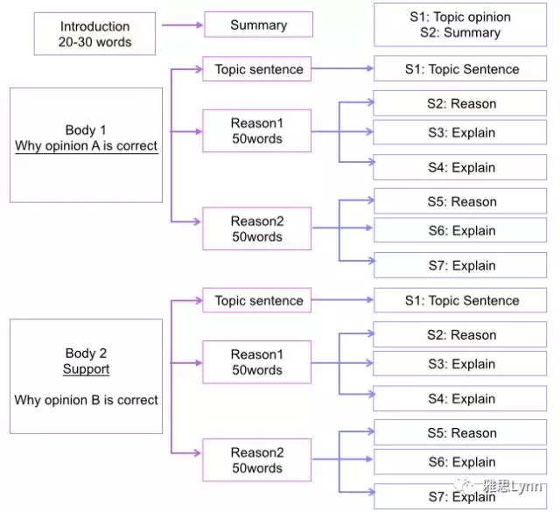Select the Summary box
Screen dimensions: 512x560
(x=258, y=25)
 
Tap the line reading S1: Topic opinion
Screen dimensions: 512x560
(x=460, y=17)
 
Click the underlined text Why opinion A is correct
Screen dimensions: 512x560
(x=87, y=145)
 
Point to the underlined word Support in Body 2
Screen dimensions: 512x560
(x=86, y=369)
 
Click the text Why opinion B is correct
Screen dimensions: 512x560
(x=86, y=400)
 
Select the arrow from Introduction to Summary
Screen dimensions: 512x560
(x=180, y=25)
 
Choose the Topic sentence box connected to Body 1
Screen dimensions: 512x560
(x=258, y=70)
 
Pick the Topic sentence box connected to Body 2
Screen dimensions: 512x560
(x=258, y=301)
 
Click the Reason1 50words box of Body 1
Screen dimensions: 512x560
(x=257, y=131)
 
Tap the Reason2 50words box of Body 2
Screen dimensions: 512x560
(x=257, y=460)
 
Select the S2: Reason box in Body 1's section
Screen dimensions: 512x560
(x=461, y=104)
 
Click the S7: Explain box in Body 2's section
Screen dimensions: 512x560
(x=461, y=496)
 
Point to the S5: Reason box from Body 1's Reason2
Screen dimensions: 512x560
(x=461, y=202)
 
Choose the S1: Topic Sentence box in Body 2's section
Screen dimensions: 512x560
(x=461, y=301)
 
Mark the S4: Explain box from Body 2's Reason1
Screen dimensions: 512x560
(x=461, y=399)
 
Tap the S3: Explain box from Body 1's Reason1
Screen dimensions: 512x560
(x=461, y=133)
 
